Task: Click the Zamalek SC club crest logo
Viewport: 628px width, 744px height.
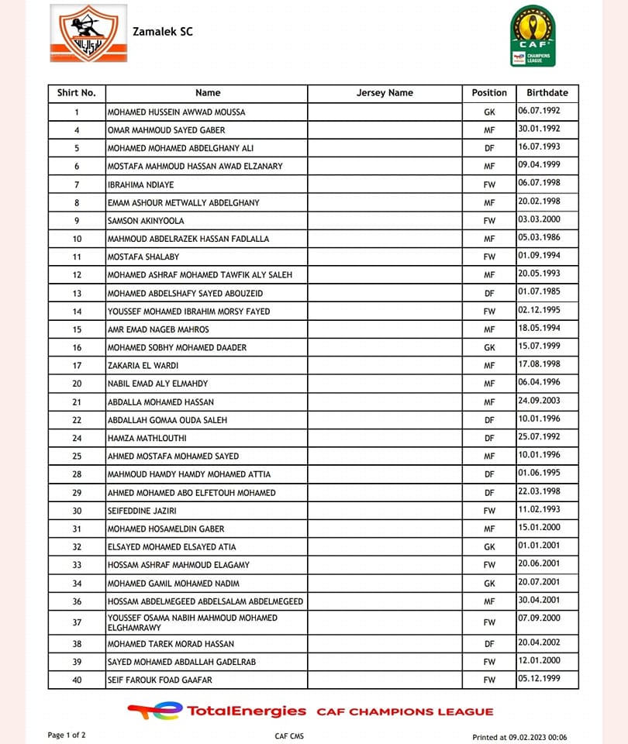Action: [x=88, y=33]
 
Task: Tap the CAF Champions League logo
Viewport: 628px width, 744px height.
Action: [x=532, y=36]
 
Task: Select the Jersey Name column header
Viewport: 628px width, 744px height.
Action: [x=385, y=93]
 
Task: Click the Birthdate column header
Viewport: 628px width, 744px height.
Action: [x=547, y=93]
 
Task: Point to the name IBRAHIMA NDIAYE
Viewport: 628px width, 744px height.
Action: [x=141, y=184]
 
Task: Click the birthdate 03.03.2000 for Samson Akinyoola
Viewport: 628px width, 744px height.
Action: [x=539, y=220]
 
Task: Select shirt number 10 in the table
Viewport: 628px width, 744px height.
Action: [x=77, y=239]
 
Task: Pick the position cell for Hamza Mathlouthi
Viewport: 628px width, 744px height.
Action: [x=489, y=438]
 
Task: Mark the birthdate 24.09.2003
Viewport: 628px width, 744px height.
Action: [x=539, y=401]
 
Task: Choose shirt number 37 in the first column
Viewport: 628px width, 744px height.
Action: [x=77, y=622]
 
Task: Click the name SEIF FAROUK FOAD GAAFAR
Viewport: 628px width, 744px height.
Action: [x=160, y=680]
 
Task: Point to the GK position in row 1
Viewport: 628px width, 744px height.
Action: [x=489, y=112]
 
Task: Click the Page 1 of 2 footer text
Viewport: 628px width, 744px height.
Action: [x=67, y=735]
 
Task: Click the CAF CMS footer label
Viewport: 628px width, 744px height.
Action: [x=289, y=736]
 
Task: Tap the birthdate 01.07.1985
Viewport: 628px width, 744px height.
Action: [x=539, y=292]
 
